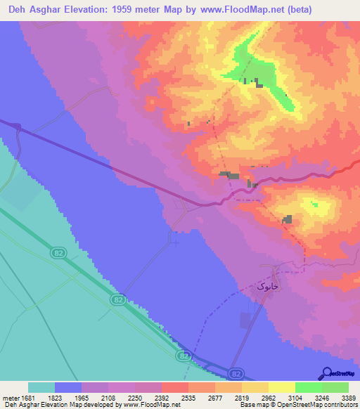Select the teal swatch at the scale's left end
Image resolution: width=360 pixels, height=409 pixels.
41,387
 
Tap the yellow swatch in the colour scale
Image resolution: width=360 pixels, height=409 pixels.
282,387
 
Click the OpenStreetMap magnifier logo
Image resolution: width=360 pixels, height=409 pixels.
326,373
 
